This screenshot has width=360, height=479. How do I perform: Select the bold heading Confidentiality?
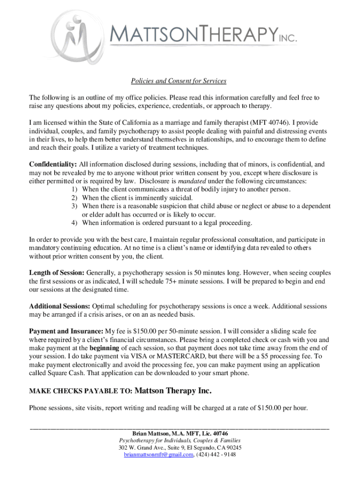(53, 165)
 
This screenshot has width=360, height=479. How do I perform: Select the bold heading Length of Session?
(57, 273)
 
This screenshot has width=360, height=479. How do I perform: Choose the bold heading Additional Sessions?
(60, 306)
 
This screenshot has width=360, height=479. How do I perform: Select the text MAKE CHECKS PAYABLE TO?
(81, 391)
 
